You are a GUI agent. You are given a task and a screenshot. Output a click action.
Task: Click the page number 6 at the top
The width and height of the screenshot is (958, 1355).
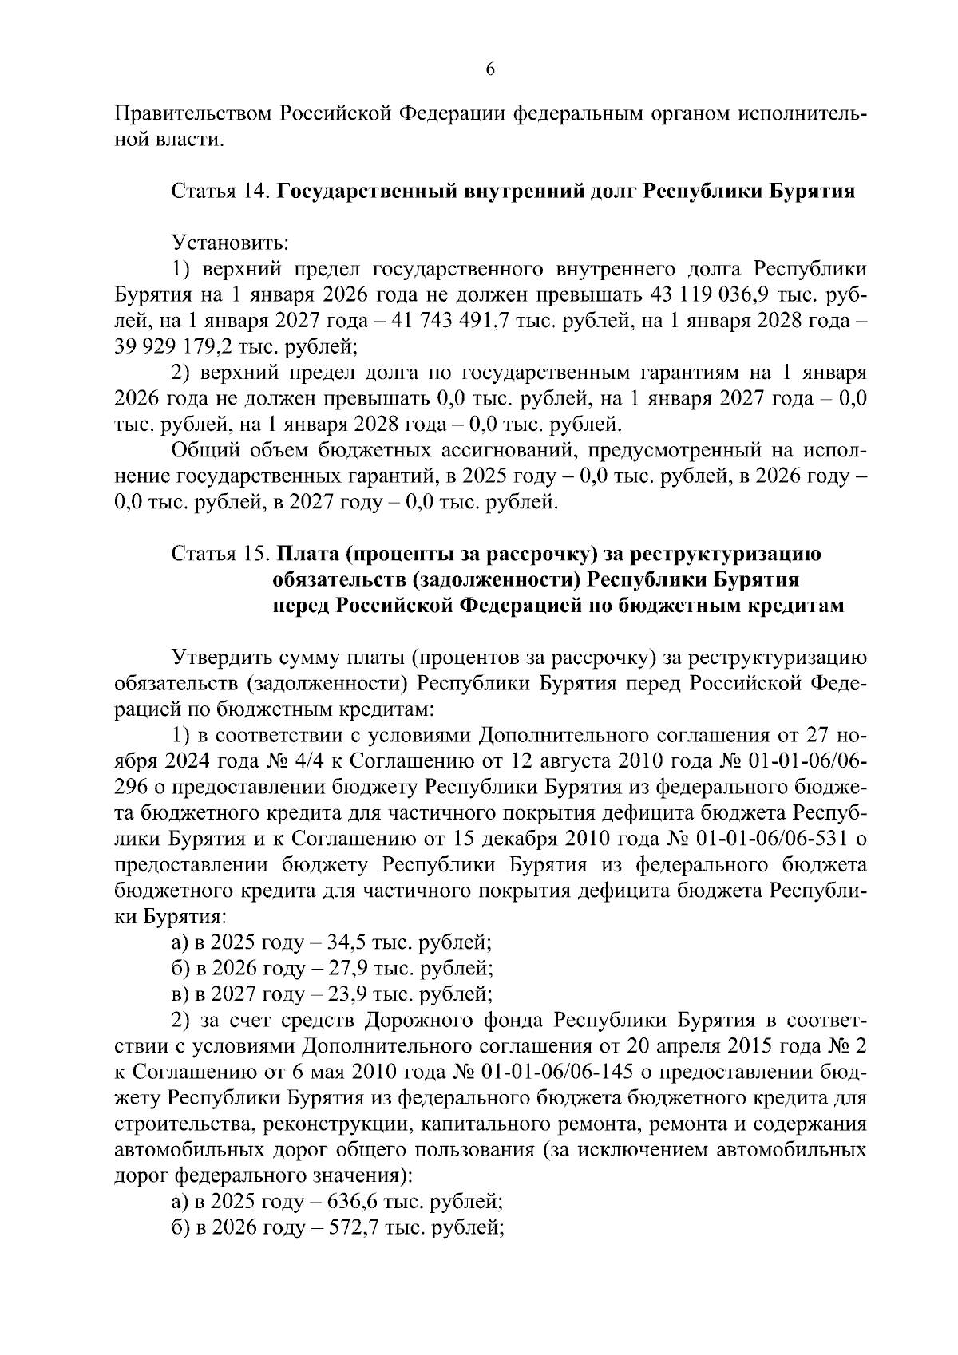click(x=490, y=70)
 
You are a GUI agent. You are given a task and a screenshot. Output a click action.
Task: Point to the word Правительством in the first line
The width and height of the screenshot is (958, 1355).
click(x=191, y=114)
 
